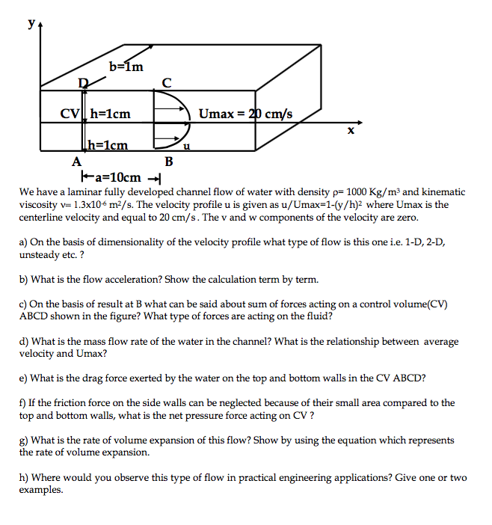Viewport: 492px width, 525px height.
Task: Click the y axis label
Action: click(31, 23)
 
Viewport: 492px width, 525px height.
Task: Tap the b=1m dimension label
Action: click(126, 68)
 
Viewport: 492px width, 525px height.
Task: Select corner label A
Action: click(76, 160)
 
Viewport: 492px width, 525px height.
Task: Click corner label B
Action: click(168, 161)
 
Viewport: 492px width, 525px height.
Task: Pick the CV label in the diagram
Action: click(70, 114)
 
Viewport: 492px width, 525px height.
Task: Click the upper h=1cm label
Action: click(111, 114)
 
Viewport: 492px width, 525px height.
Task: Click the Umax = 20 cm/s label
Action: click(246, 114)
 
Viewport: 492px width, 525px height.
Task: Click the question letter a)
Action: click(24, 242)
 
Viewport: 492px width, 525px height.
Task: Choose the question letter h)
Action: click(24, 477)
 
